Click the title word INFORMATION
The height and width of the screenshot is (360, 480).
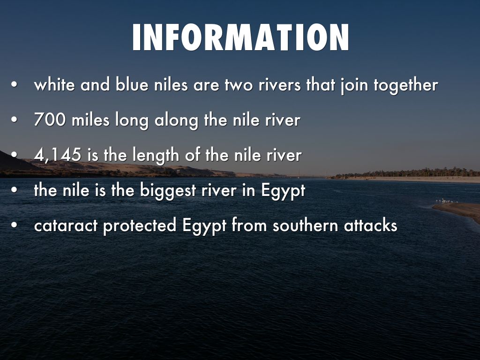coord(240,37)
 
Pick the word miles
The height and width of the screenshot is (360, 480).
coord(92,120)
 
